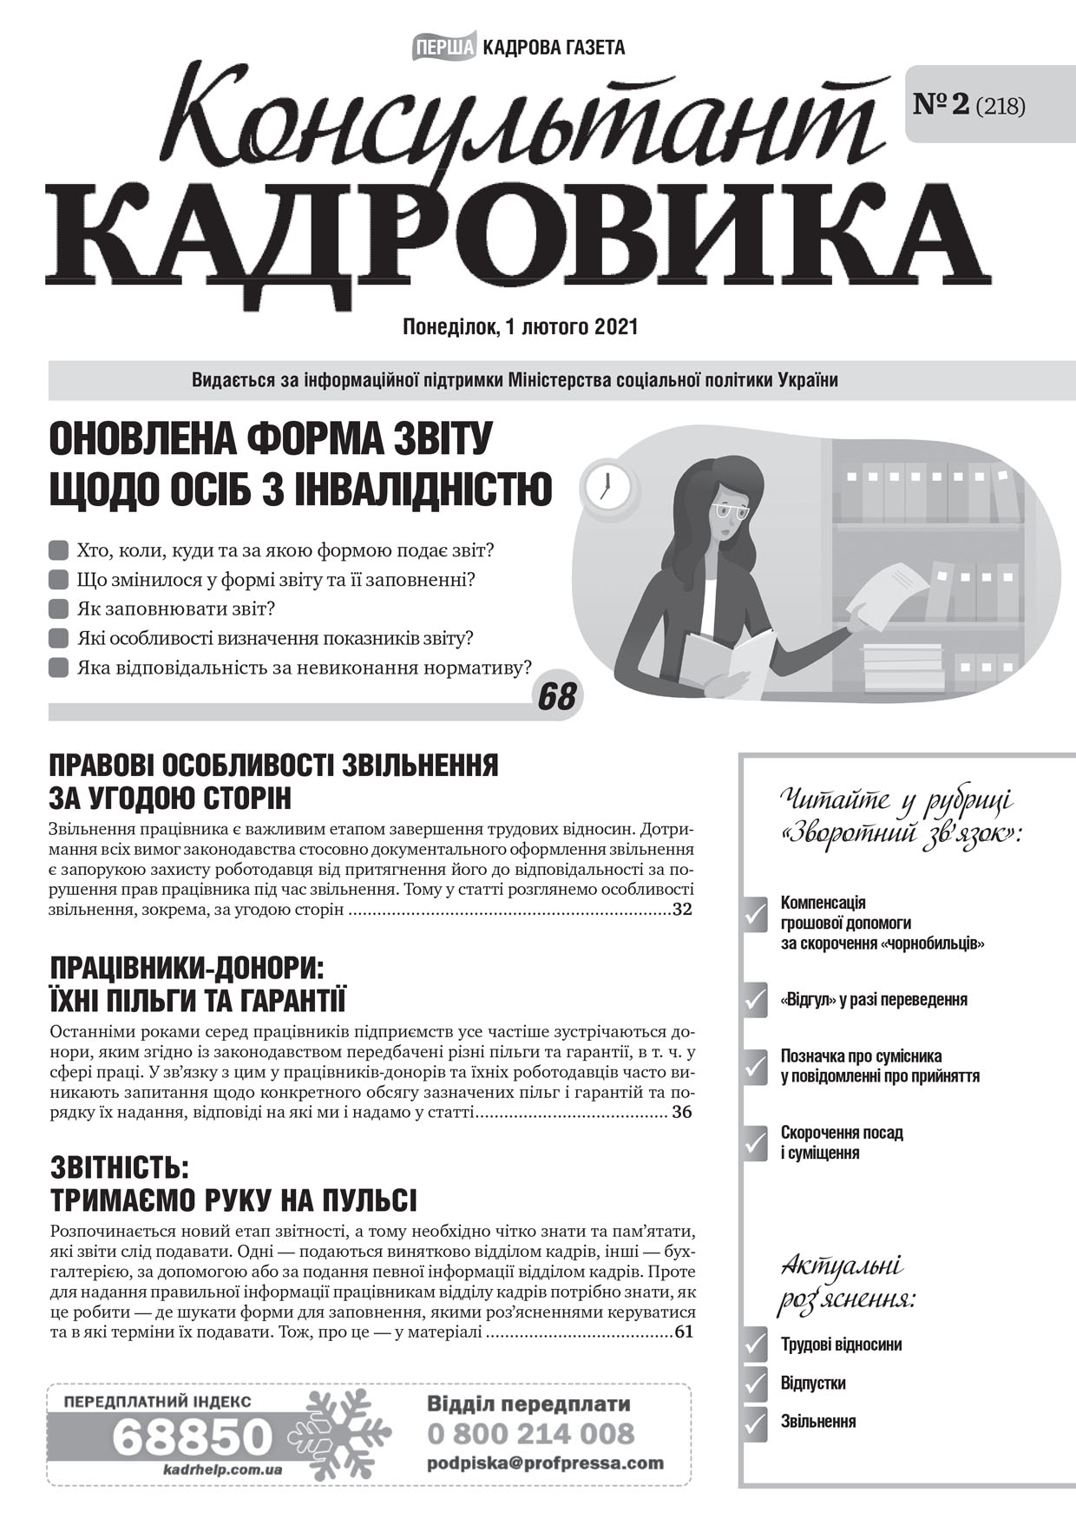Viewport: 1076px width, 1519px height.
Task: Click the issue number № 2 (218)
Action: coord(969,105)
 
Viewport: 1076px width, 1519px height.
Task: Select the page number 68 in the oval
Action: coord(556,695)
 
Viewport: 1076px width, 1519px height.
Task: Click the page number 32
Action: coord(682,911)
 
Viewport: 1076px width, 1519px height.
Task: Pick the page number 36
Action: coord(682,1112)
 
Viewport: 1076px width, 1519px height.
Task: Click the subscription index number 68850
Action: coord(193,1437)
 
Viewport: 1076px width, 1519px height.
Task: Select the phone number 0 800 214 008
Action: coord(531,1432)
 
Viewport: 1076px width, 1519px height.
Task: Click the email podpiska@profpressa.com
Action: coord(545,1463)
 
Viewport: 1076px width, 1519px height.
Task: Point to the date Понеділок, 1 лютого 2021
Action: coord(521,327)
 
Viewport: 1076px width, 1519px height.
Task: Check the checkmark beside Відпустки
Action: coord(755,1383)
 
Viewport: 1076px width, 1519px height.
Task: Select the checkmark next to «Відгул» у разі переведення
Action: coord(755,1000)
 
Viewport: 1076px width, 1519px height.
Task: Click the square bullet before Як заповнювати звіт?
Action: coord(59,608)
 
